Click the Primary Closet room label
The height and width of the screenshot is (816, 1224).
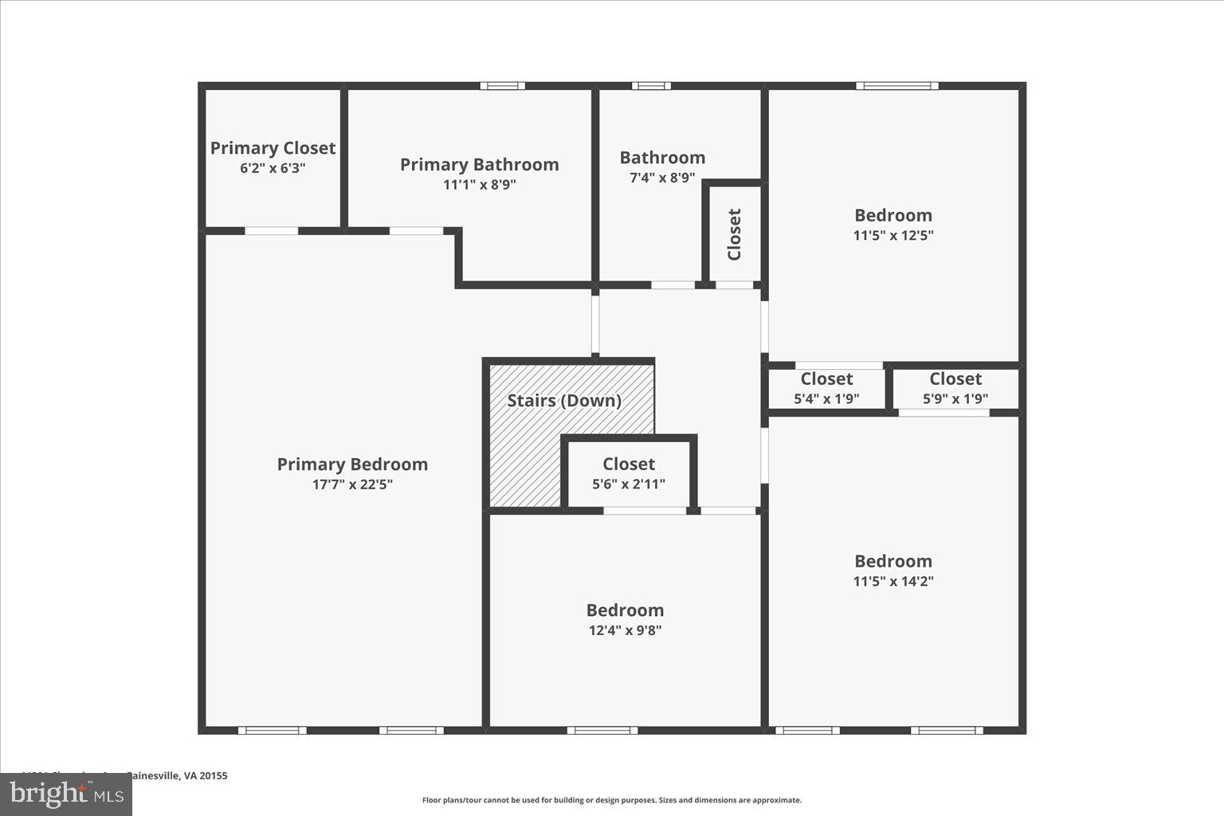pyautogui.click(x=273, y=148)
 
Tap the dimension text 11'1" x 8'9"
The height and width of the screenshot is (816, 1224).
pyautogui.click(x=479, y=185)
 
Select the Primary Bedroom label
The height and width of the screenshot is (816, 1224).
pyautogui.click(x=352, y=464)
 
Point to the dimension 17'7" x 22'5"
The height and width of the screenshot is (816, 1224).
pyautogui.click(x=352, y=484)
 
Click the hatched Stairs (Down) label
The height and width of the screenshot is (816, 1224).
pyautogui.click(x=564, y=400)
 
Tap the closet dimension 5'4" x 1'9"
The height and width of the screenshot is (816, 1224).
pyautogui.click(x=826, y=398)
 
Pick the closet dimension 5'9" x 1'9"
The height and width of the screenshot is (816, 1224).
pyautogui.click(x=955, y=398)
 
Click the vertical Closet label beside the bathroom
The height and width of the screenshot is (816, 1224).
pyautogui.click(x=735, y=234)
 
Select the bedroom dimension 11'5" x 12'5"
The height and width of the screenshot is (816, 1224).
pyautogui.click(x=893, y=235)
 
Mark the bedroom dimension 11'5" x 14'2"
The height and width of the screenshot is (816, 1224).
pyautogui.click(x=893, y=581)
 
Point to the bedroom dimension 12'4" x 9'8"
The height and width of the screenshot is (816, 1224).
pyautogui.click(x=625, y=630)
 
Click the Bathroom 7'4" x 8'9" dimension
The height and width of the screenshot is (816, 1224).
pyautogui.click(x=662, y=178)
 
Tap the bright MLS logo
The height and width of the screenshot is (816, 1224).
pyautogui.click(x=67, y=794)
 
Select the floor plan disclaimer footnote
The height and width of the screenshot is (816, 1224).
pyautogui.click(x=612, y=800)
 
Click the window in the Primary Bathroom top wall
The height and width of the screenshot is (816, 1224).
pyautogui.click(x=502, y=86)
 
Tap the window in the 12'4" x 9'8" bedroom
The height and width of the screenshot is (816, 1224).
pyautogui.click(x=602, y=730)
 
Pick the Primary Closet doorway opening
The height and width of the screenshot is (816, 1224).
pyautogui.click(x=271, y=231)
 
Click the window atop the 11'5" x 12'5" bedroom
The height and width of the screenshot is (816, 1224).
pyautogui.click(x=896, y=86)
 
